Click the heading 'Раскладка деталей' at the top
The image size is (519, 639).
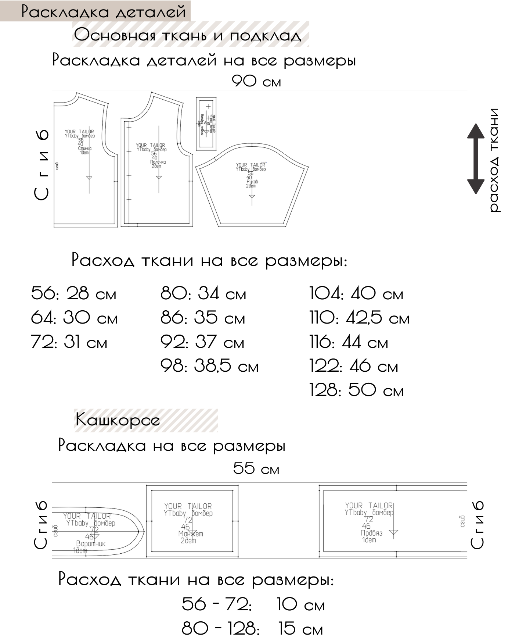click(103, 11)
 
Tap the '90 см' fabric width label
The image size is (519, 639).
click(256, 81)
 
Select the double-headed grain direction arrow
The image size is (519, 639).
click(476, 159)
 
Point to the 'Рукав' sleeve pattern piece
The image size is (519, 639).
click(252, 184)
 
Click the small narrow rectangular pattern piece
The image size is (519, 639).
click(206, 124)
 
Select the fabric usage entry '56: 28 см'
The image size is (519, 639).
click(74, 294)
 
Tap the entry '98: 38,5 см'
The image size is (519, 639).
click(209, 366)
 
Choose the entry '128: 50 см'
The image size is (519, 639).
click(356, 390)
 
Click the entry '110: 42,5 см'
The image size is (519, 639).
click(359, 318)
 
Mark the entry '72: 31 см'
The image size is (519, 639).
click(69, 342)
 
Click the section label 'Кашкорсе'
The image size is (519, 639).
click(118, 420)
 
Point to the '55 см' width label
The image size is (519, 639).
click(256, 469)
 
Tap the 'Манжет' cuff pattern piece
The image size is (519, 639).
click(192, 521)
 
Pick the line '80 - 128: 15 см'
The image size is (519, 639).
click(252, 629)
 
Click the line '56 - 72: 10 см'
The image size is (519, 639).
click(253, 604)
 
